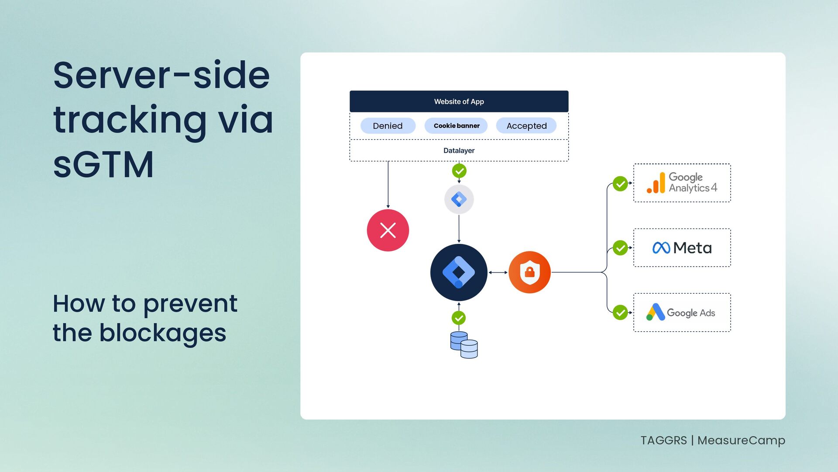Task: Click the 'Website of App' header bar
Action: coord(459,101)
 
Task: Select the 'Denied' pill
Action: coord(388,126)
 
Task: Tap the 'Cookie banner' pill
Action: coord(456,126)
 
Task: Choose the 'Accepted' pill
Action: coord(526,126)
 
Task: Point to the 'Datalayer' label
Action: coord(459,150)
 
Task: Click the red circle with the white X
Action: coord(388,230)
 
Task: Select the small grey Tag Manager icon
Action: coord(459,199)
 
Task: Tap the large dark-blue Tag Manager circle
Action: coord(459,272)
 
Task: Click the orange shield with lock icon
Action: coord(529,272)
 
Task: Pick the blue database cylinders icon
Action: coord(464,345)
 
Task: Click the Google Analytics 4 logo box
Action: coord(682,183)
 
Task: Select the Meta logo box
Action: coord(682,248)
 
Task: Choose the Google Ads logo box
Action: coord(682,312)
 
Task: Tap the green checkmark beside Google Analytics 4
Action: coord(620,184)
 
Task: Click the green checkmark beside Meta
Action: coord(620,248)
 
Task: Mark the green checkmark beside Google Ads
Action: coord(620,312)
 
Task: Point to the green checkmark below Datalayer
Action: coord(459,171)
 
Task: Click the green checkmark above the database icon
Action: coord(459,318)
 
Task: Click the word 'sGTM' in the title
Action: coord(103,165)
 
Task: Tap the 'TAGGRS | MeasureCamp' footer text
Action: coord(712,440)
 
